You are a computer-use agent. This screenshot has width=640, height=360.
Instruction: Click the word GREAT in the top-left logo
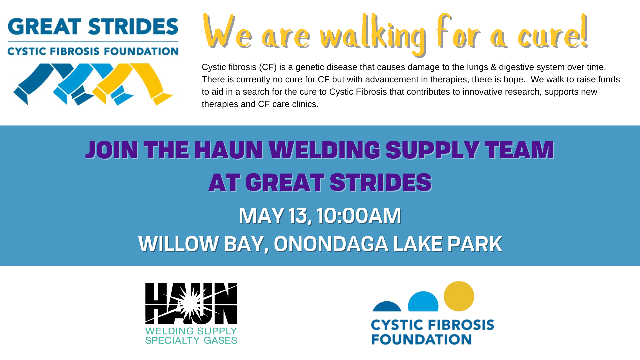(45, 27)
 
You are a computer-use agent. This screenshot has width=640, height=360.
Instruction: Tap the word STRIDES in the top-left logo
(133, 27)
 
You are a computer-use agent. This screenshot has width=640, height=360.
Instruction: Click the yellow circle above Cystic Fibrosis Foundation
(459, 296)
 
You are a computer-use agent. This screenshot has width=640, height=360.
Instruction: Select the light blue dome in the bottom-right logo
(423, 302)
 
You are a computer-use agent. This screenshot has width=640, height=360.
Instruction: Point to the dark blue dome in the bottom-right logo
(387, 307)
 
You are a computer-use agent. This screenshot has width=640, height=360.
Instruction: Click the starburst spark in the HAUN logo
(191, 304)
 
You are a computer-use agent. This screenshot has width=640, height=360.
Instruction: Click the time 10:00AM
(359, 215)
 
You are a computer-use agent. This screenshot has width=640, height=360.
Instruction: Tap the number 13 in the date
(298, 215)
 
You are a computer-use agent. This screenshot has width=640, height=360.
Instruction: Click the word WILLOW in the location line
(178, 244)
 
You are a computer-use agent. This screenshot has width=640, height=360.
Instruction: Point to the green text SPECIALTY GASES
(191, 340)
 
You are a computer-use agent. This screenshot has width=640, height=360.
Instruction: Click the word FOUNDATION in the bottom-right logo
(421, 340)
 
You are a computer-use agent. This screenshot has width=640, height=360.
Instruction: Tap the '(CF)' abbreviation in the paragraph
(268, 67)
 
